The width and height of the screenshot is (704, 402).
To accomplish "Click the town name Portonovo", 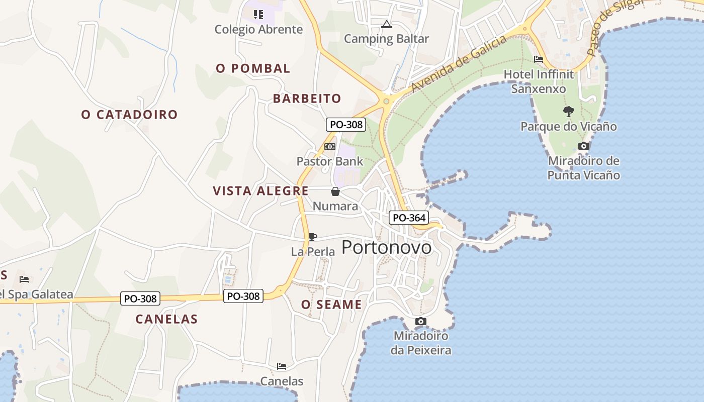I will coord(386,247).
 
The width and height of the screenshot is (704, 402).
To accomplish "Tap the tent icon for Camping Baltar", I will coord(386,24).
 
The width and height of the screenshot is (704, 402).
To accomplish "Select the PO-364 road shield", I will coord(409,218).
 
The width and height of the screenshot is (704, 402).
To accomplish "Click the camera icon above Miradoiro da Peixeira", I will coord(421,321).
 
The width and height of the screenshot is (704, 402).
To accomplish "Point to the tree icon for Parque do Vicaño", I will coord(569,111).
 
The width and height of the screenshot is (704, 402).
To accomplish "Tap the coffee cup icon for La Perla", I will coord(312,237).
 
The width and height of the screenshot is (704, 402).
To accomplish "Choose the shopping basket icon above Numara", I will coord(335,191).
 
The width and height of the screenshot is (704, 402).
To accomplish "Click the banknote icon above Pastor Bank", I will coord(330,147).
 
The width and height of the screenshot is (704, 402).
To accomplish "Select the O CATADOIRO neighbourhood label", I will coord(129,115).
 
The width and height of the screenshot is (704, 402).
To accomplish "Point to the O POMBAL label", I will coord(253,68).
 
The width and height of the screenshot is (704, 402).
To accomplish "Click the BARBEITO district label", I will coord(307,98).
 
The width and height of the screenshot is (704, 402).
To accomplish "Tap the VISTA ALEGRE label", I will coord(260,191).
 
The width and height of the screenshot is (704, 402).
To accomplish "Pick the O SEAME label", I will coord(331,305).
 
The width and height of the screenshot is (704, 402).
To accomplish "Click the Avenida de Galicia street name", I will coord(458,63).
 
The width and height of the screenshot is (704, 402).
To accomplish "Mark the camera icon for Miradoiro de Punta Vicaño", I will coord(584,146).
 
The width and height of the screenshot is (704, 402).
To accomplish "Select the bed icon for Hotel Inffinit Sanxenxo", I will coord(539,59).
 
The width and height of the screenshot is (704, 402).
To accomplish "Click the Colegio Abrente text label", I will coord(258,29).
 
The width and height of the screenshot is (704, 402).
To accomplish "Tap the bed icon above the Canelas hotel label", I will coord(282,366).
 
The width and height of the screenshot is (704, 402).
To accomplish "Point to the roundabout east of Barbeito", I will coord(386,101).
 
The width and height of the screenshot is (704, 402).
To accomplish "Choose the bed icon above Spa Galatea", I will coord(24,279).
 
